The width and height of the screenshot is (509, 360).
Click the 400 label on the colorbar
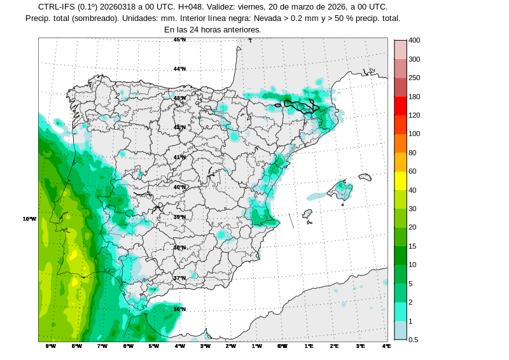(x=414, y=40)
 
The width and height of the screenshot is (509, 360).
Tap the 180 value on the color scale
(x=414, y=97)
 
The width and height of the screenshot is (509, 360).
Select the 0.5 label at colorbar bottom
(x=413, y=340)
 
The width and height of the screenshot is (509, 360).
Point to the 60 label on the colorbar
(x=412, y=171)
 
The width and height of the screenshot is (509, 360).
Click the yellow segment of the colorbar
(x=400, y=181)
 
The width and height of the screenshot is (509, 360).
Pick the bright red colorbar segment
(x=400, y=106)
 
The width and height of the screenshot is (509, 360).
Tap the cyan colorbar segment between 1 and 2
(x=400, y=312)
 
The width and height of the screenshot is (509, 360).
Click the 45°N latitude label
(x=180, y=39)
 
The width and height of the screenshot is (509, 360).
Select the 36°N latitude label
(x=180, y=309)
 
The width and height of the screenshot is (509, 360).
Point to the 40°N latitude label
(x=180, y=187)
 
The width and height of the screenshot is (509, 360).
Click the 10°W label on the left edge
(x=29, y=219)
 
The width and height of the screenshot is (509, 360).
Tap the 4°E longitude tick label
(x=386, y=346)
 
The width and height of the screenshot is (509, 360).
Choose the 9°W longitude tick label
(x=51, y=346)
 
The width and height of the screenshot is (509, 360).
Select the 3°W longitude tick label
(x=206, y=346)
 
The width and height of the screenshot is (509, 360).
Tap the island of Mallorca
(x=340, y=190)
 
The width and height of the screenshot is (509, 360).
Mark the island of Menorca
(x=365, y=177)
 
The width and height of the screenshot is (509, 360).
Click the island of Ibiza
(x=308, y=214)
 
